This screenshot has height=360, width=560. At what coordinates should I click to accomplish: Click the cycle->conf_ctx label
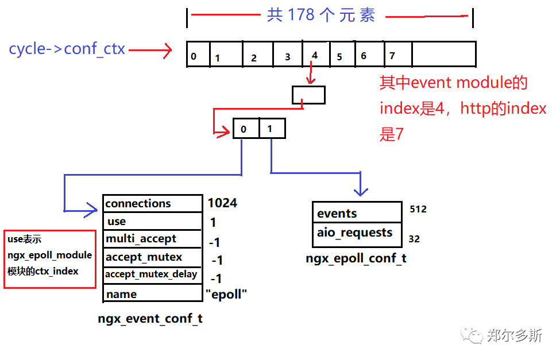(x=67, y=49)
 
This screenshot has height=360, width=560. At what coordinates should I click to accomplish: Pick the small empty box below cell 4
(x=308, y=95)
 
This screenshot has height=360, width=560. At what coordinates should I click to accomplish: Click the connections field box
(x=152, y=203)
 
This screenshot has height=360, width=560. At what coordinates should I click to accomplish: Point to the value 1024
(x=222, y=203)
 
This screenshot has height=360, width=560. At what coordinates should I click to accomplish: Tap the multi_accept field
(x=152, y=239)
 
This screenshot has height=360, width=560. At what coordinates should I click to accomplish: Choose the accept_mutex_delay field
(x=152, y=274)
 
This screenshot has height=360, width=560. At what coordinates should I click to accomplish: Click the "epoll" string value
(x=226, y=294)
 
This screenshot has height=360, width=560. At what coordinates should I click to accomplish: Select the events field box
(x=357, y=213)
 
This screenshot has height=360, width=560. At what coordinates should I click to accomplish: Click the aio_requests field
(x=357, y=233)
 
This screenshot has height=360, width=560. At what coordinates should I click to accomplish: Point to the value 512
(x=418, y=209)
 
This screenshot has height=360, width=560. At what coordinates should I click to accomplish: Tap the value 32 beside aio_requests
(x=415, y=238)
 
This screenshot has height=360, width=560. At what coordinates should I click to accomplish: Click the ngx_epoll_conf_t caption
(x=356, y=258)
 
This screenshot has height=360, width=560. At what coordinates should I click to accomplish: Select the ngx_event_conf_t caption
(x=150, y=319)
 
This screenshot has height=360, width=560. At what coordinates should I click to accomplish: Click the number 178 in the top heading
(x=302, y=15)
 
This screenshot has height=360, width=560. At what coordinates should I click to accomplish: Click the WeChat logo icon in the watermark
(x=474, y=335)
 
